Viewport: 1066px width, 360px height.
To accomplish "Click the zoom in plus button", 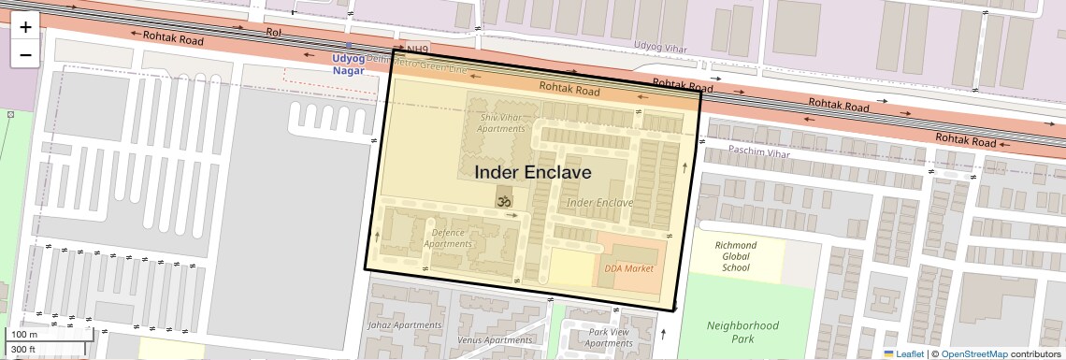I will pyautogui.click(x=25, y=26).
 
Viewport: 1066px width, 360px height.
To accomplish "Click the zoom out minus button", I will pyautogui.click(x=25, y=54).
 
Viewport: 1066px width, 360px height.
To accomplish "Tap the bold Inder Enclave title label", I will pyautogui.click(x=533, y=173).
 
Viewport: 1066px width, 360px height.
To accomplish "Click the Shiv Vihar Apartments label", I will pyautogui.click(x=502, y=122).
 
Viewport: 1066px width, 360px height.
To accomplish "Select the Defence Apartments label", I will pyautogui.click(x=448, y=238).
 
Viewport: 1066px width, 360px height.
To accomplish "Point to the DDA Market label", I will pyautogui.click(x=628, y=268).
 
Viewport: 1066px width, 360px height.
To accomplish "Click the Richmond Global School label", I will pyautogui.click(x=736, y=256).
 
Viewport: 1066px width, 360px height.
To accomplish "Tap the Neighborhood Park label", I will pyautogui.click(x=742, y=332).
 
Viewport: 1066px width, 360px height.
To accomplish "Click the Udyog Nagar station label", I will pyautogui.click(x=349, y=65).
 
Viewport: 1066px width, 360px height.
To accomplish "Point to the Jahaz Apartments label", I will pyautogui.click(x=405, y=325).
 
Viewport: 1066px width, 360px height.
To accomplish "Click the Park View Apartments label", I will pyautogui.click(x=609, y=338).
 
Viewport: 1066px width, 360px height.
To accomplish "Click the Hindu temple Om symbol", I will pyautogui.click(x=504, y=199).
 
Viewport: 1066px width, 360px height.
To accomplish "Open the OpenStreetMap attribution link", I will pyautogui.click(x=973, y=353).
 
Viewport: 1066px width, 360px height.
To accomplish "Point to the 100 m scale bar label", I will pyautogui.click(x=25, y=335).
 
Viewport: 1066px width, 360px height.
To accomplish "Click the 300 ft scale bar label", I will pyautogui.click(x=23, y=350).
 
